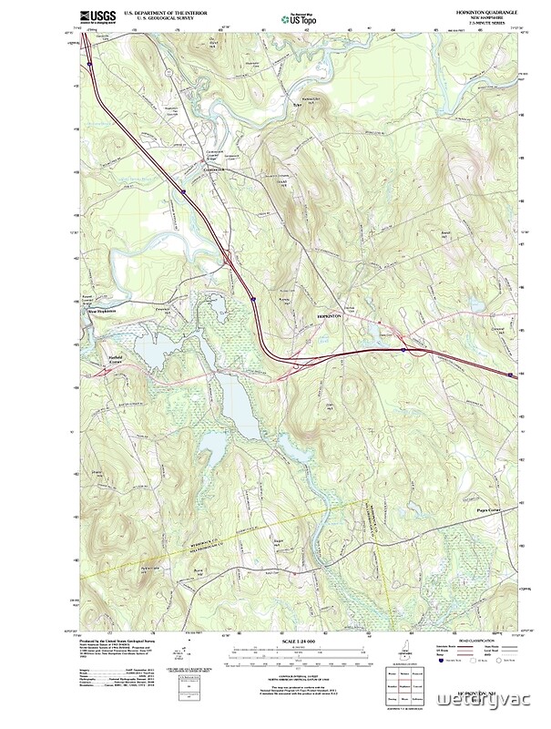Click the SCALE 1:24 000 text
298,642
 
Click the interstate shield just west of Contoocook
183,192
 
